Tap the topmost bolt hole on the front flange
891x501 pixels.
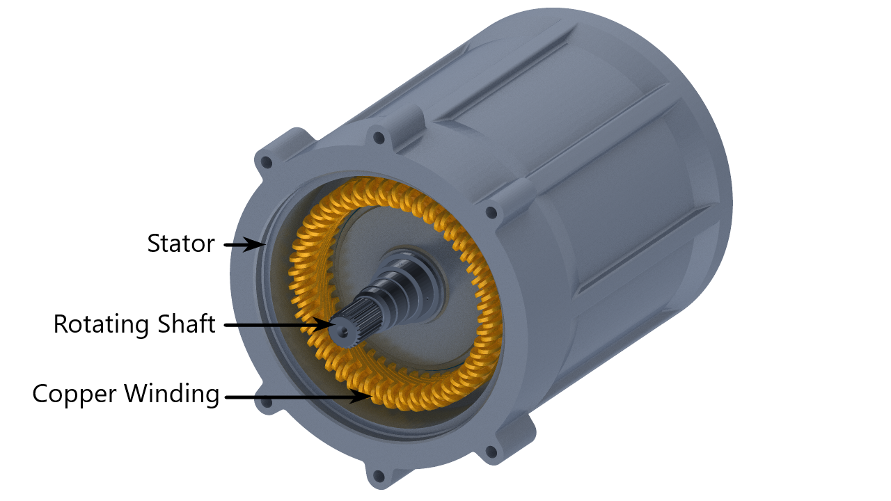pos(379,138)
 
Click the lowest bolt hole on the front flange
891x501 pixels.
pos(379,477)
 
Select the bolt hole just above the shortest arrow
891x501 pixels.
pos(265,163)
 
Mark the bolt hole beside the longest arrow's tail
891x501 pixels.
pos(265,401)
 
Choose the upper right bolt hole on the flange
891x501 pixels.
pos(491,212)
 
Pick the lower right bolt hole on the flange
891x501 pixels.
pos(491,452)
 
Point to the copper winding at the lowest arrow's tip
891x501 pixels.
pos(379,398)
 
